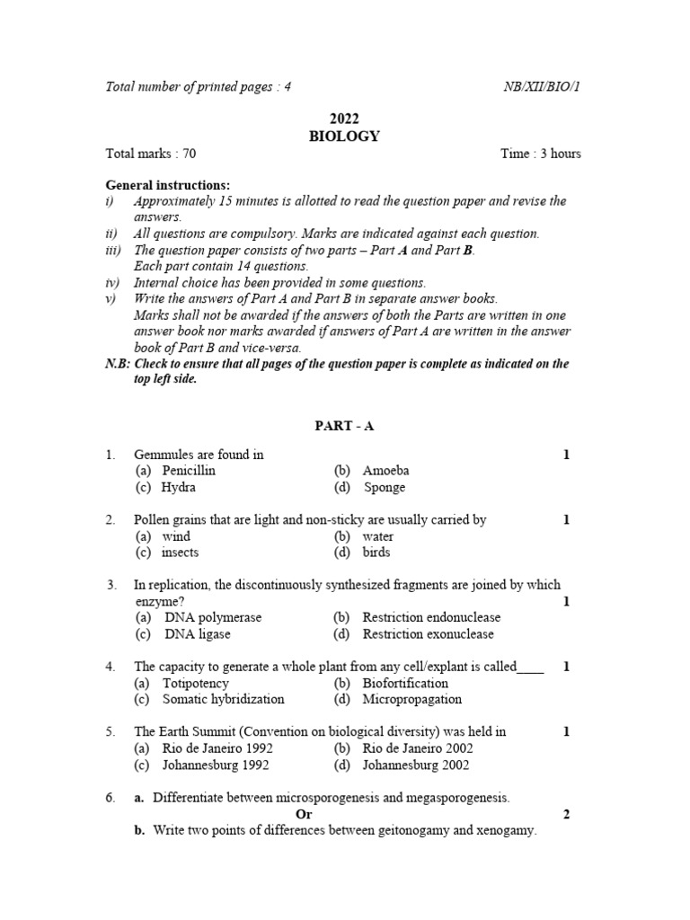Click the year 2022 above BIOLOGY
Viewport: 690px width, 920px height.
click(344, 119)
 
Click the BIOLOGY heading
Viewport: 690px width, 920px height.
click(344, 137)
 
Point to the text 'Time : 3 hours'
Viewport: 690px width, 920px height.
click(541, 154)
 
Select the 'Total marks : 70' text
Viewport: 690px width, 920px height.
click(151, 154)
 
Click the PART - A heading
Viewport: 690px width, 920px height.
click(344, 426)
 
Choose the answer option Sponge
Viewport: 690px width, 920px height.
click(385, 488)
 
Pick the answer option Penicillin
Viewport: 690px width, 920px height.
click(189, 471)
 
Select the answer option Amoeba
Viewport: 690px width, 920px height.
click(385, 471)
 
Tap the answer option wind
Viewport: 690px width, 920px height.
click(177, 536)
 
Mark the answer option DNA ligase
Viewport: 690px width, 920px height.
click(198, 634)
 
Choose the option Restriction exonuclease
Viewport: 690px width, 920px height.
click(428, 634)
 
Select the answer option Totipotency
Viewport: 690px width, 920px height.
click(196, 683)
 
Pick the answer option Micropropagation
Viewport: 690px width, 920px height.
click(411, 699)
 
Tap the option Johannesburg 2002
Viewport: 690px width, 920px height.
click(415, 765)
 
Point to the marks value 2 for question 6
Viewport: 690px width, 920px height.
click(567, 814)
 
